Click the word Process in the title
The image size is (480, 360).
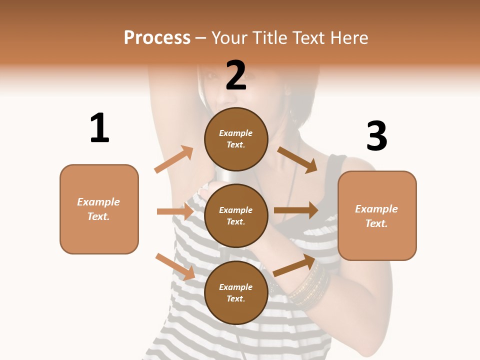click(x=157, y=38)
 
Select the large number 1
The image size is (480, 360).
click(x=99, y=128)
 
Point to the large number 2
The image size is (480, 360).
click(x=236, y=75)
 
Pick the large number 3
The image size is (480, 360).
click(x=376, y=136)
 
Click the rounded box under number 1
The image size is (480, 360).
click(x=99, y=209)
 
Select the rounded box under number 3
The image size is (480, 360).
click(x=377, y=215)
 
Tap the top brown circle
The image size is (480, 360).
click(x=236, y=138)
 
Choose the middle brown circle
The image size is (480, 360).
click(x=236, y=215)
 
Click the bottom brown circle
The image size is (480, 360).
click(x=236, y=292)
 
